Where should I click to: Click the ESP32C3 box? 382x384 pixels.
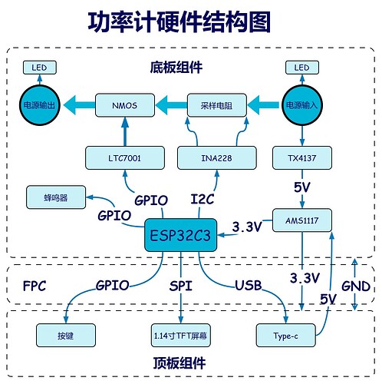[180, 235]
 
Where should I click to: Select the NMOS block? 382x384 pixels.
[125, 105]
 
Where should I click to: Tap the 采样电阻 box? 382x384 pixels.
[217, 105]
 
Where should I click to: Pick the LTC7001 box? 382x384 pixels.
[125, 158]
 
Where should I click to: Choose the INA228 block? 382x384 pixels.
[217, 158]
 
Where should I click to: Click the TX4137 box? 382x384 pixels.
[302, 158]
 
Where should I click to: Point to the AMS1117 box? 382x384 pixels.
[302, 220]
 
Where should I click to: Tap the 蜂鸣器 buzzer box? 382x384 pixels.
[56, 197]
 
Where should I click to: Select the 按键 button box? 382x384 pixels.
[66, 336]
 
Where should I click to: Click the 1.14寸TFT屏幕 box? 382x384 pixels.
[180, 336]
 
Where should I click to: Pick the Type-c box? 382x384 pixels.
[285, 336]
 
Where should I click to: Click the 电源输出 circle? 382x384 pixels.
[40, 105]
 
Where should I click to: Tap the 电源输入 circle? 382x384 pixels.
[302, 105]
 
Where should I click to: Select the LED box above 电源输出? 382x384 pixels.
[40, 68]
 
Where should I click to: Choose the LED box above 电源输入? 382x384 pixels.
[302, 68]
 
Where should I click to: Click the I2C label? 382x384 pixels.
[203, 200]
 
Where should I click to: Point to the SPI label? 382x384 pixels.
[181, 286]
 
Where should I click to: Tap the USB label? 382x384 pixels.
[249, 286]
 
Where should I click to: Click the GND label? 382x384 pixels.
[356, 286]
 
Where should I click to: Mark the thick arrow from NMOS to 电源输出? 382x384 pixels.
[79, 105]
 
